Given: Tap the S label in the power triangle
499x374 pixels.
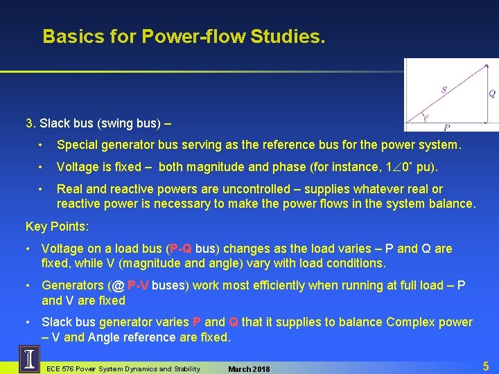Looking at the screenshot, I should click(444, 89).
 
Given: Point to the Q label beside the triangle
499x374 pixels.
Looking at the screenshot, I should click(492, 93).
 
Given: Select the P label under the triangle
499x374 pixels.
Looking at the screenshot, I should click(446, 127).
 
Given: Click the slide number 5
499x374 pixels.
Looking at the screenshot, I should click(486, 365).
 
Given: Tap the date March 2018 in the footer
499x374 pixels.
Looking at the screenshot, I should click(249, 368).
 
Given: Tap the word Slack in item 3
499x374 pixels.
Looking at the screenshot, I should click(54, 124).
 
